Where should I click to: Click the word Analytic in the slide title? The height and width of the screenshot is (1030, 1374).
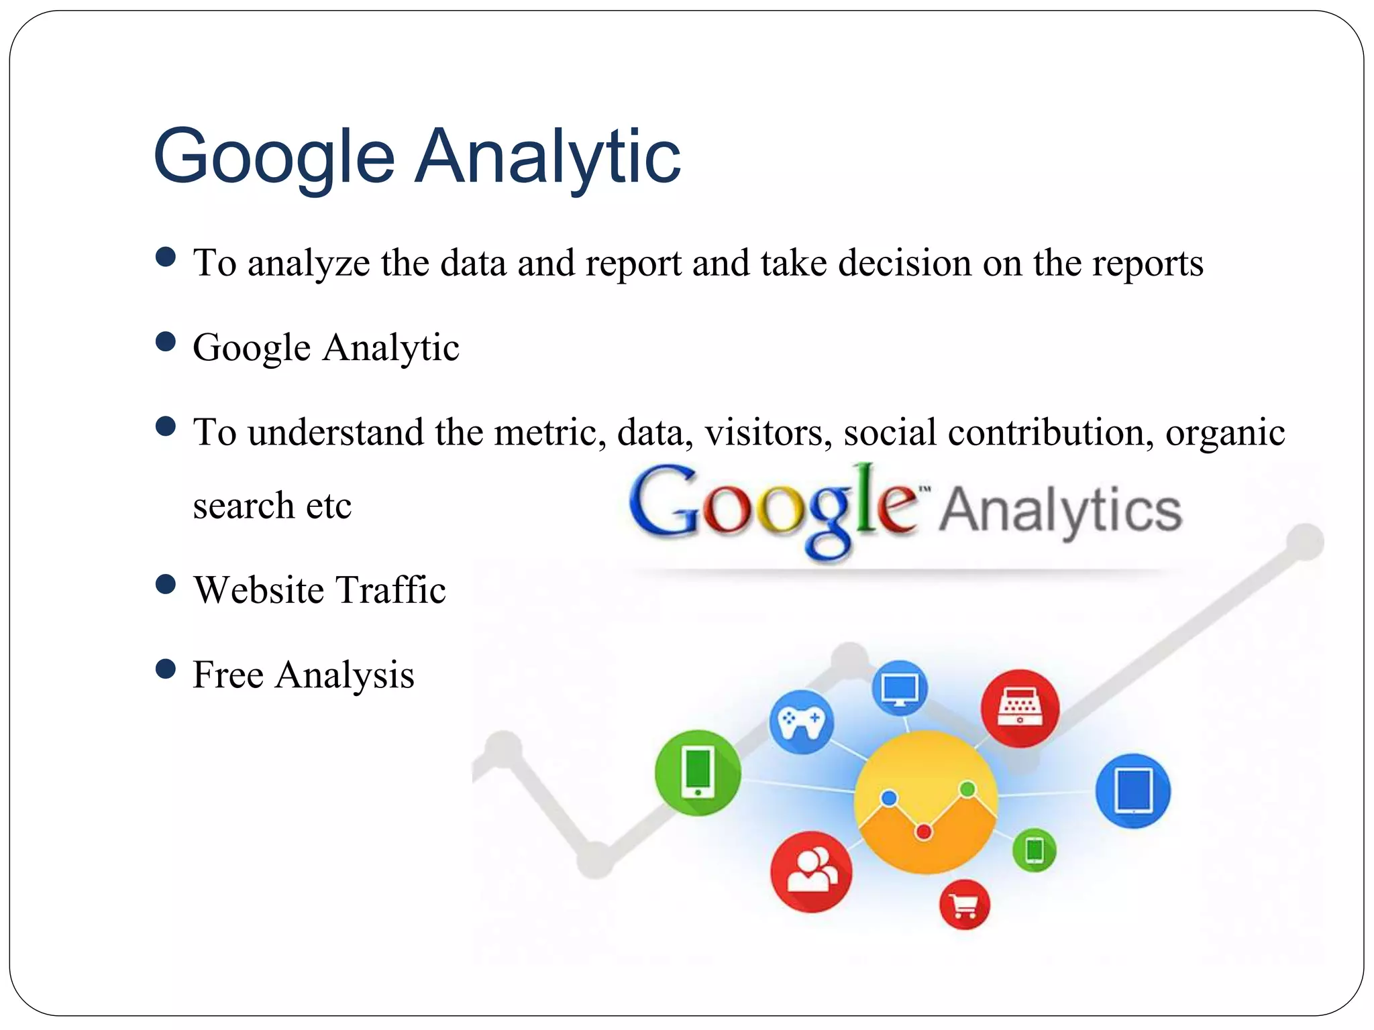point(547,158)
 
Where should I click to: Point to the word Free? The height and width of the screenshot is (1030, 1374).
point(227,675)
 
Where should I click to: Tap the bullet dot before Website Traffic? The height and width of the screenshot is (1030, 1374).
point(165,585)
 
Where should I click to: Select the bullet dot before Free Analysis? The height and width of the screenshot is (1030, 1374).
point(165,669)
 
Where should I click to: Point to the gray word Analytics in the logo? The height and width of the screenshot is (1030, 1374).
point(1060,511)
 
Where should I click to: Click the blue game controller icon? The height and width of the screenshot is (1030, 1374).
point(801,722)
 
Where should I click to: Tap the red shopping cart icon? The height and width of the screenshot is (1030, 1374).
point(964,905)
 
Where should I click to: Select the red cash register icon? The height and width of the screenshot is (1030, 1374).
point(1020,708)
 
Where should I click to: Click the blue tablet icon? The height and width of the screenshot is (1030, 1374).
point(1132,791)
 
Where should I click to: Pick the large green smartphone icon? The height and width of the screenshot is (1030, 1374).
point(698,772)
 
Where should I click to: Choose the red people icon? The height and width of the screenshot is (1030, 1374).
point(811,872)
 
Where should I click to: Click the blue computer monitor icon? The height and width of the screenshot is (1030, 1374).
point(900,688)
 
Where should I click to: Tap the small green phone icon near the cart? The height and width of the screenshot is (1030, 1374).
point(1034,850)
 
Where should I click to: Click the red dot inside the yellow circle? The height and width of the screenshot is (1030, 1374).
point(924,832)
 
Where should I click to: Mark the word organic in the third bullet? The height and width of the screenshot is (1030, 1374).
point(1225,433)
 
